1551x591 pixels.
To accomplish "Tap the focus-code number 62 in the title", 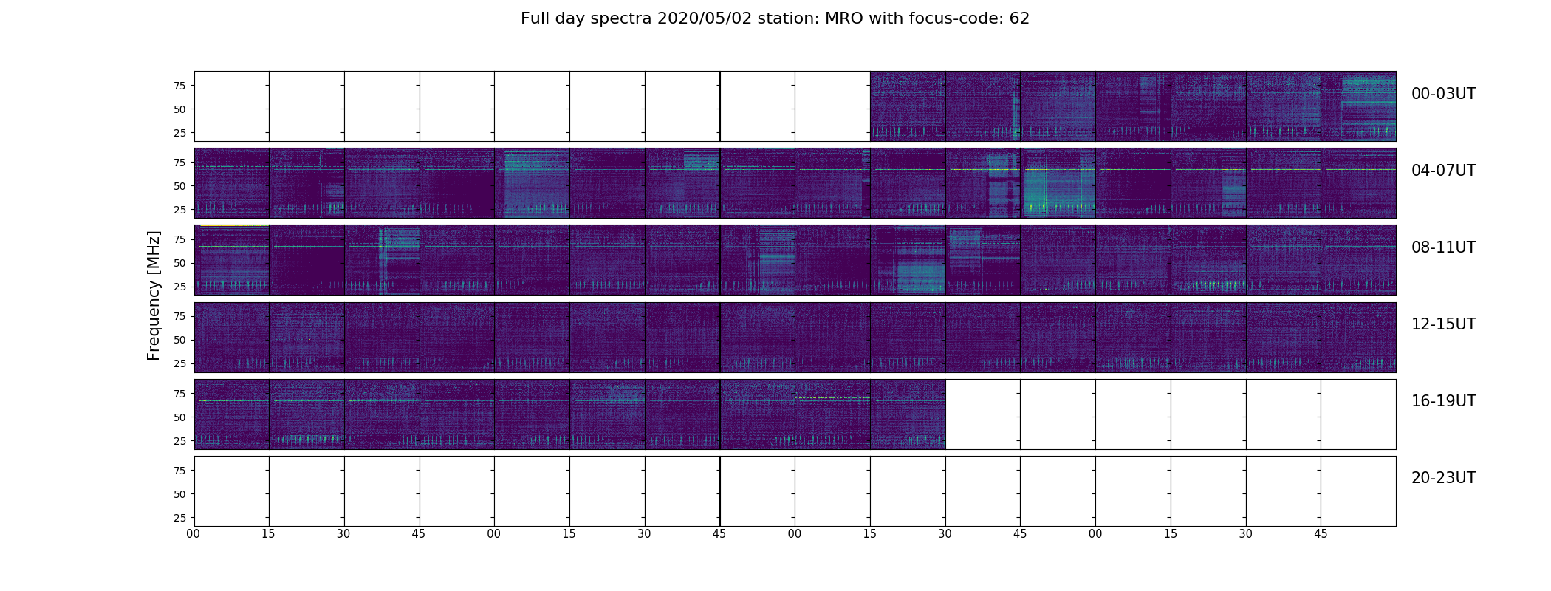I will (x=1019, y=18).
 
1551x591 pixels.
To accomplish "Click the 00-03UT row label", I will (x=1443, y=94).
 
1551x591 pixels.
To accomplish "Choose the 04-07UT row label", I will (x=1443, y=171).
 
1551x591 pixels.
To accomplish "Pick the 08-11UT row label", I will (x=1443, y=247).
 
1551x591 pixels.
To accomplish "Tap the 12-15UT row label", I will (x=1443, y=324).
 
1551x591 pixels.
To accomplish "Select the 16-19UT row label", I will (x=1443, y=401).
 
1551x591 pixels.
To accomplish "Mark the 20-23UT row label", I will (x=1443, y=478).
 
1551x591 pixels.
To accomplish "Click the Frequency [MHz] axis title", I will (x=154, y=295).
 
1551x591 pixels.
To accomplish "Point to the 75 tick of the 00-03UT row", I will (x=179, y=86).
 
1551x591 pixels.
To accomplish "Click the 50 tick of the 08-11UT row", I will (x=179, y=263).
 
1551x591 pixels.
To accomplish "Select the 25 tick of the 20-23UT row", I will (x=179, y=518).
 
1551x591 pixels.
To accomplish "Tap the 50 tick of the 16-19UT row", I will (x=179, y=417).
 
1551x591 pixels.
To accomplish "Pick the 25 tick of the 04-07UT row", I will (x=179, y=210).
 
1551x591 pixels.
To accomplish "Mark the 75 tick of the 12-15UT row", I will (x=179, y=316).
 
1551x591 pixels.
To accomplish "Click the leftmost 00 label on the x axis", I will (x=194, y=534).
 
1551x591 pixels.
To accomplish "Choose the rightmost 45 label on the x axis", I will (x=1321, y=534).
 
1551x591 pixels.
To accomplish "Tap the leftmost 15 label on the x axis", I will (x=268, y=534).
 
